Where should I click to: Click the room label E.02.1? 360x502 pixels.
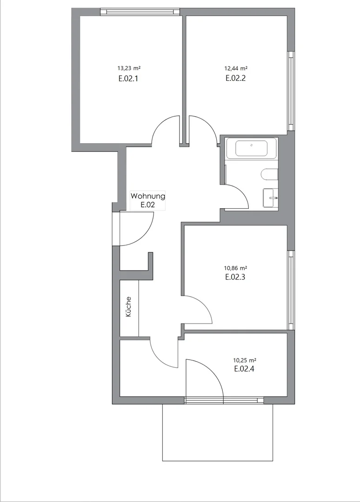pos(128,79)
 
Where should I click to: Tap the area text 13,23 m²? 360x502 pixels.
pos(129,68)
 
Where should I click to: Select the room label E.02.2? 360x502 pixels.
pos(235,78)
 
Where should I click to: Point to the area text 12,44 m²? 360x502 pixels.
pos(235,68)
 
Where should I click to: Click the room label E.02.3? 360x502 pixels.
pos(235,277)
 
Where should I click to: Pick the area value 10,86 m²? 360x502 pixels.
pos(235,268)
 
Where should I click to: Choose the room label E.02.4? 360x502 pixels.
pos(244,369)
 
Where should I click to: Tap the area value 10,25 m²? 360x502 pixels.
pos(244,360)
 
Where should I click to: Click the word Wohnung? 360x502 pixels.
pos(147,196)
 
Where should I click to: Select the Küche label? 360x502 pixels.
pos(128,307)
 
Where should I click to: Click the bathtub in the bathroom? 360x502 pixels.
pos(252,148)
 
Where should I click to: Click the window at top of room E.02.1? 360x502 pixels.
pos(140,12)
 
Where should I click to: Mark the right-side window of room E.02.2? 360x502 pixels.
pos(291,91)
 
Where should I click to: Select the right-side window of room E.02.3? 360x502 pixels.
pos(291,290)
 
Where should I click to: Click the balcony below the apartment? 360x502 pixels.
pos(218,432)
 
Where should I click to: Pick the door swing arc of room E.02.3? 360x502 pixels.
pos(205,304)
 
